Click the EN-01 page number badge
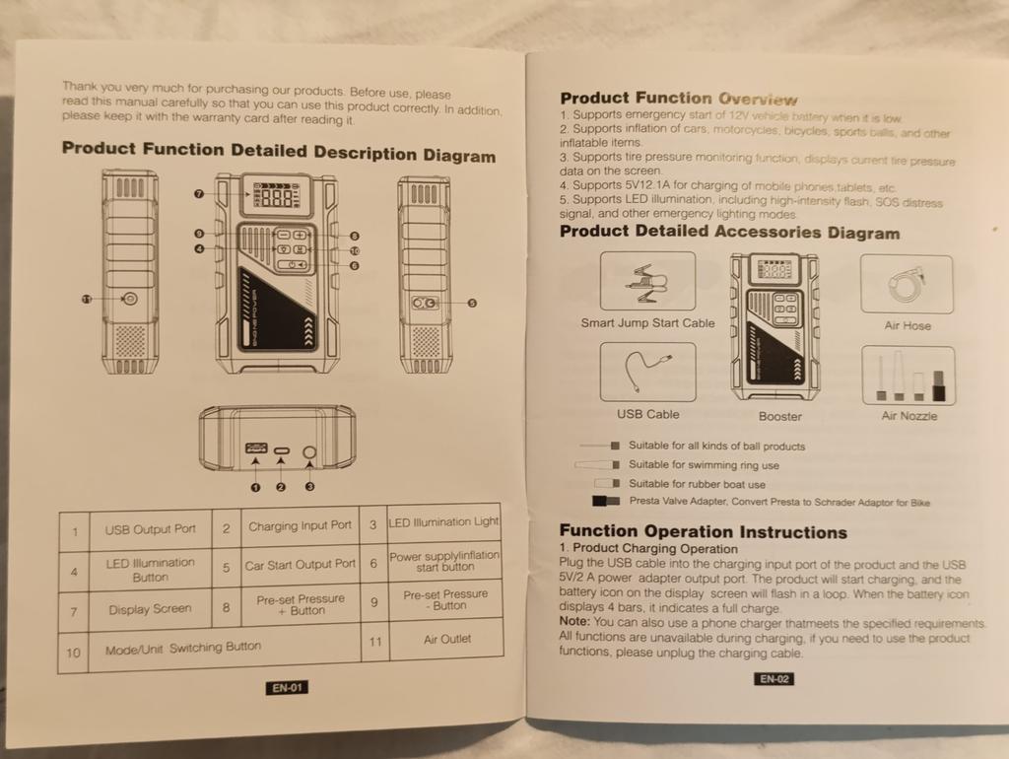(288, 688)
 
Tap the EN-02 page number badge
(774, 678)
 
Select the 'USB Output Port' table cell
(150, 529)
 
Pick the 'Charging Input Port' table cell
(300, 526)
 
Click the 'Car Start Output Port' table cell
(300, 565)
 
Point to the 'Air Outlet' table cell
(446, 639)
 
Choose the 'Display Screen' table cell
(150, 609)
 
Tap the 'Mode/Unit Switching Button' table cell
(183, 648)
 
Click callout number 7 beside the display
(199, 194)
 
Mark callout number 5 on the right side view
(472, 304)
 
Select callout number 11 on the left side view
(86, 299)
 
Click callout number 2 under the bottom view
(281, 487)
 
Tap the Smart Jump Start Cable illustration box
(647, 281)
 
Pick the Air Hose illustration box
(907, 284)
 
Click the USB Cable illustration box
(647, 372)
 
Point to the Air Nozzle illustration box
(908, 376)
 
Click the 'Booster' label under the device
(779, 417)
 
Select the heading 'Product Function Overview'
(678, 99)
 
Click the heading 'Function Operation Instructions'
(703, 532)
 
